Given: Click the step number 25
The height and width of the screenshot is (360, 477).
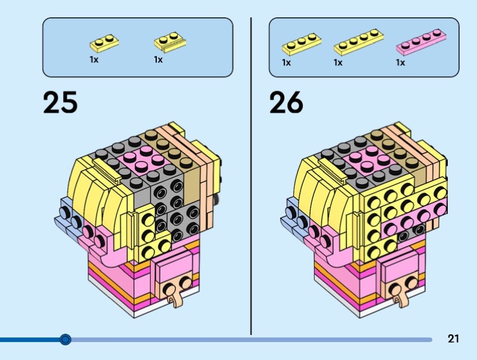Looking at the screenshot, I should (60, 102).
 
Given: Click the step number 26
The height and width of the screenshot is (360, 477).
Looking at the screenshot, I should (286, 102).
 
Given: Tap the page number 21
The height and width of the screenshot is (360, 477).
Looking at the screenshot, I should (453, 339).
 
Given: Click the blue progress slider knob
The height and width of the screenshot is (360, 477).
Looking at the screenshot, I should (66, 340).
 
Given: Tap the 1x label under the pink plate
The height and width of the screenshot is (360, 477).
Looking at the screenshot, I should (401, 63).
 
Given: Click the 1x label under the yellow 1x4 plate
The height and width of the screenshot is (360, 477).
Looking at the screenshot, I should (338, 63).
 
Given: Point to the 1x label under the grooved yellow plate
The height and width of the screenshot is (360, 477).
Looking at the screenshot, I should (158, 60).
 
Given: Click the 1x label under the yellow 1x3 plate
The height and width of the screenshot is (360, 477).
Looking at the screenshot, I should (287, 63).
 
